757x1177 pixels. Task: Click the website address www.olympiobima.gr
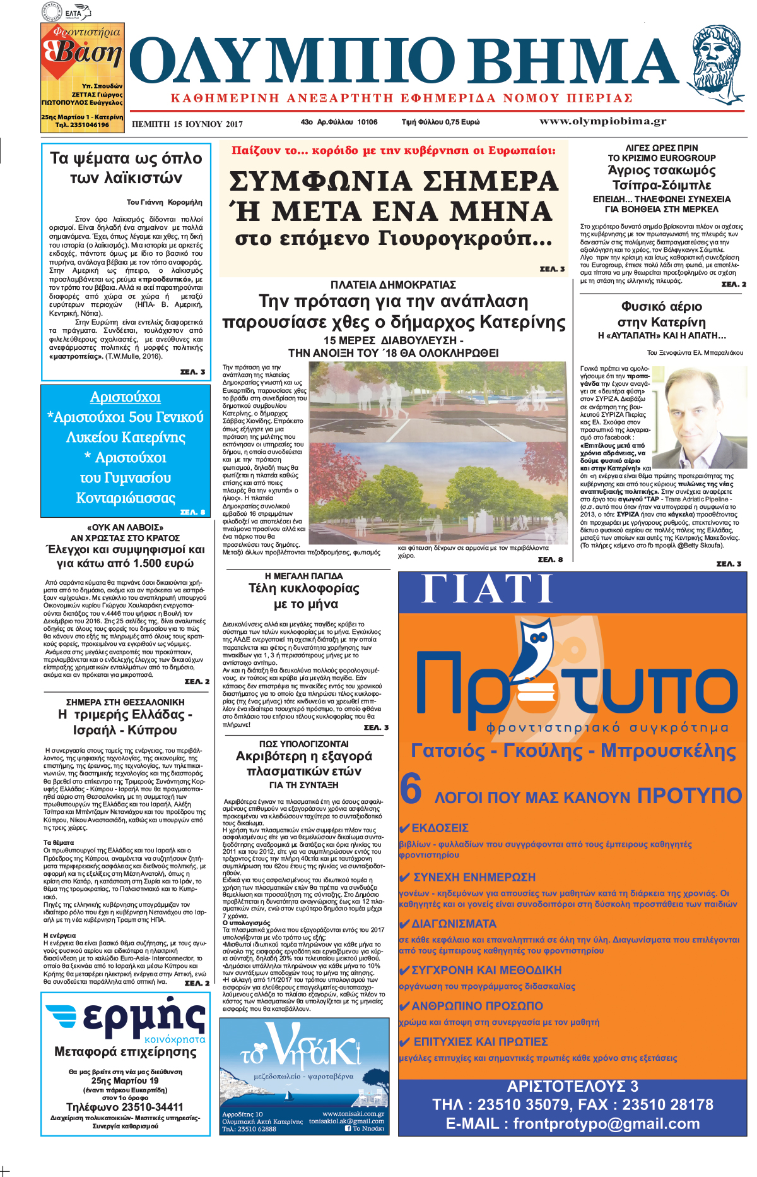(x=602, y=121)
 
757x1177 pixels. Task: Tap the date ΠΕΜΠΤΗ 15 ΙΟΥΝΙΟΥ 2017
(x=187, y=124)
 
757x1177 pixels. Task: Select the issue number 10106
(x=367, y=122)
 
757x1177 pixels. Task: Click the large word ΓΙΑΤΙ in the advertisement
(x=487, y=590)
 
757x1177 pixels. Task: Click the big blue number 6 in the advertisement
(x=411, y=789)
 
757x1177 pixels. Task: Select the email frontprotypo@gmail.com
(x=572, y=1123)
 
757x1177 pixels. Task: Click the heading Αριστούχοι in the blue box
(x=126, y=397)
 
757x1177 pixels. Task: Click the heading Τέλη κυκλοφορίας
(x=304, y=588)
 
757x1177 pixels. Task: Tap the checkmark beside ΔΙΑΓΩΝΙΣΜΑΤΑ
(x=405, y=924)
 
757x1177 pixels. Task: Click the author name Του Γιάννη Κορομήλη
(x=164, y=202)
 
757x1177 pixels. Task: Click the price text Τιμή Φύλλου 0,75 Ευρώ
(x=440, y=122)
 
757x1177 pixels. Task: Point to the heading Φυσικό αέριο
(x=661, y=306)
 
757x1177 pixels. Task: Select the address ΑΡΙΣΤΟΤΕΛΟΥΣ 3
(x=572, y=1086)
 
